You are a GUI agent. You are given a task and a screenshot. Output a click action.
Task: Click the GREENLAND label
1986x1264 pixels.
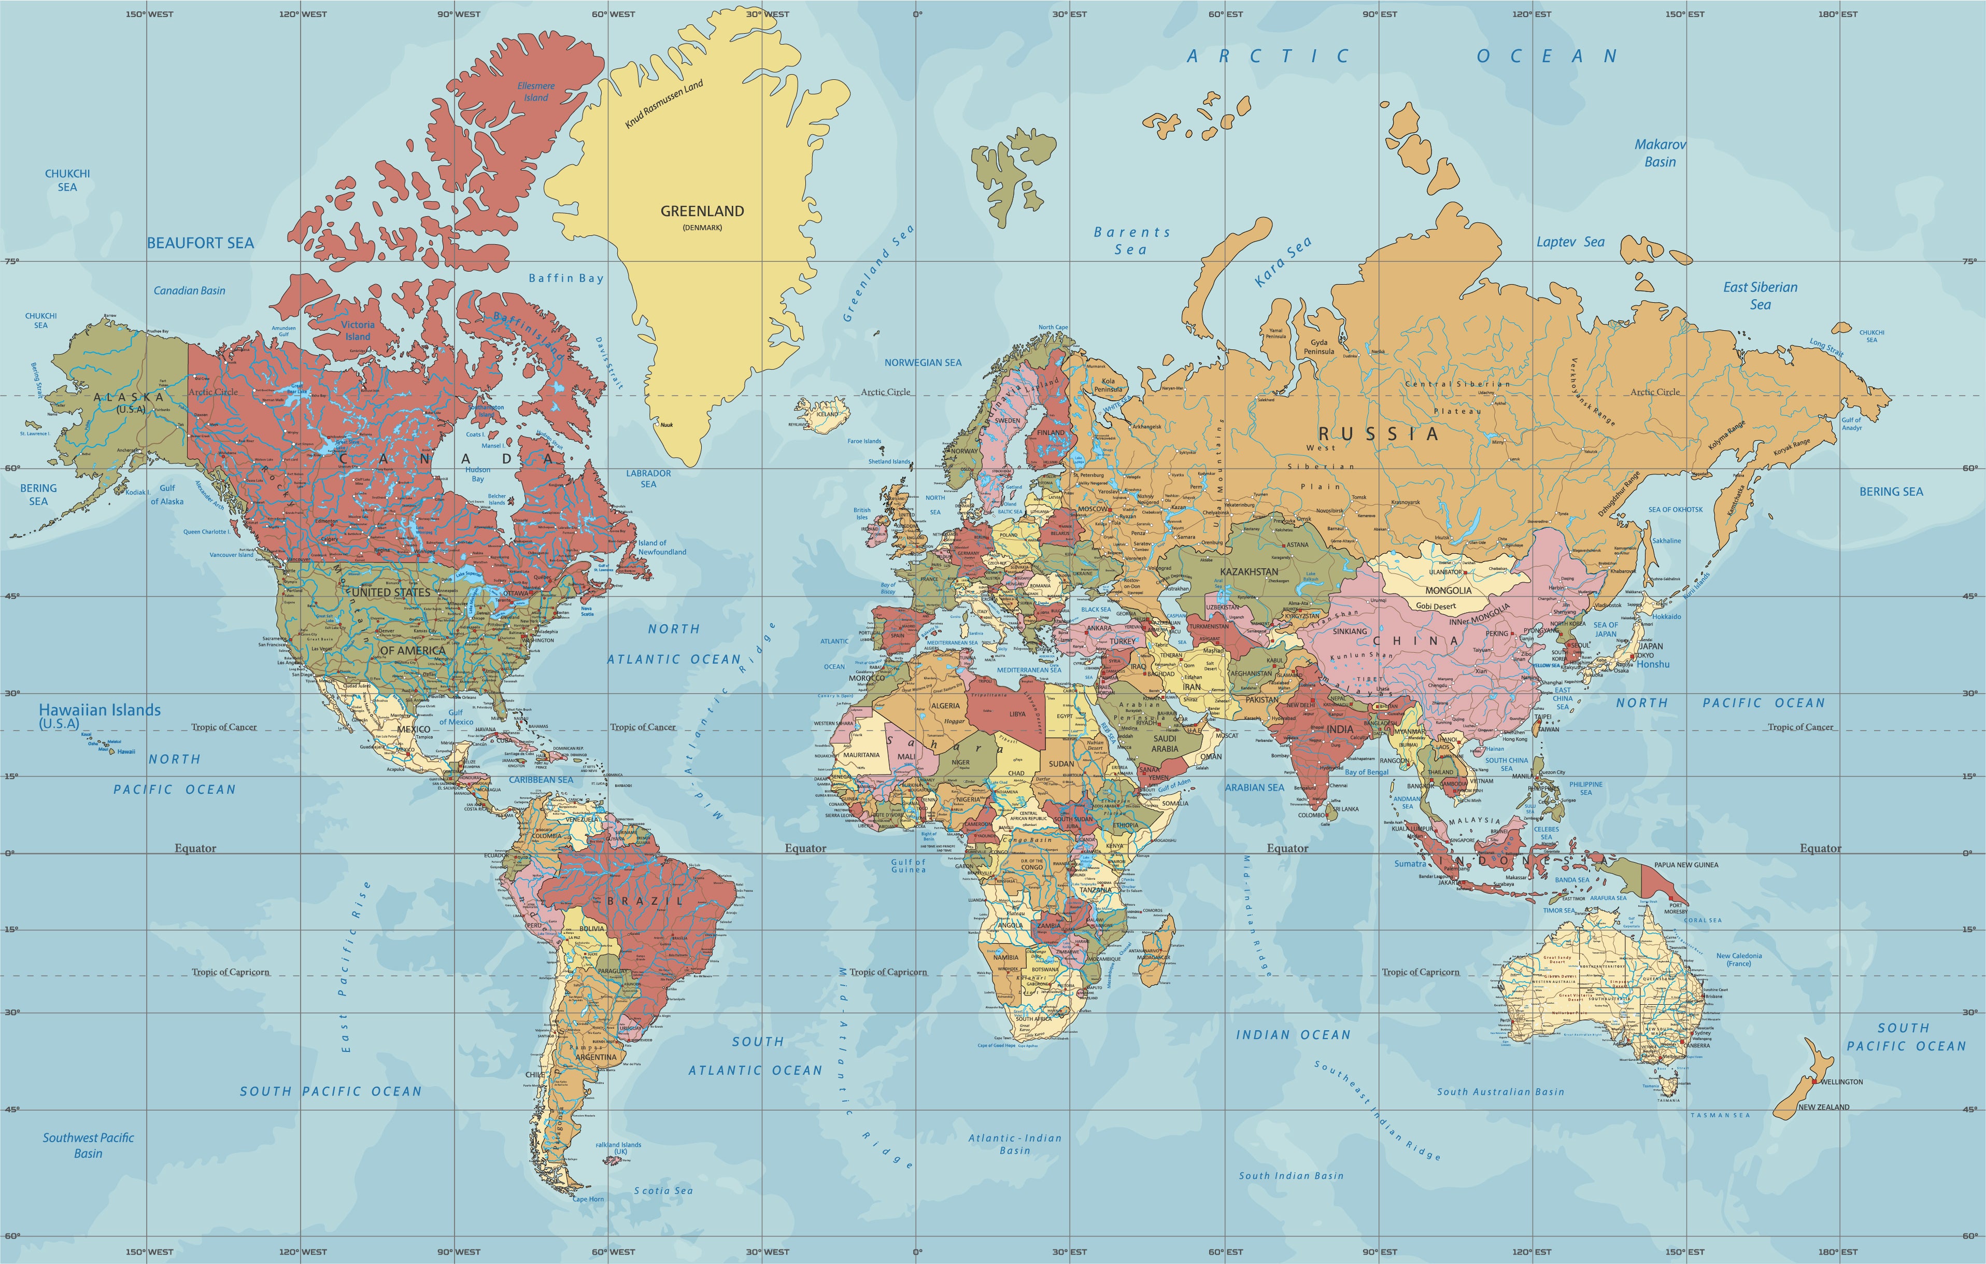(x=702, y=211)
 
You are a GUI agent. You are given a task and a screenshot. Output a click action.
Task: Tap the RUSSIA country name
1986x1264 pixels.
(x=1378, y=434)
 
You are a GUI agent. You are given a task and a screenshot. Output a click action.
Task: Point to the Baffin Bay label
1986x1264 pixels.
(x=566, y=278)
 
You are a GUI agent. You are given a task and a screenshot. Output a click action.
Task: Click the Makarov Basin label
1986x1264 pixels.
(x=1660, y=152)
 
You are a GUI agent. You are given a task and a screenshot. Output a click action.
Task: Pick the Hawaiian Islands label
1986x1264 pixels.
(x=100, y=710)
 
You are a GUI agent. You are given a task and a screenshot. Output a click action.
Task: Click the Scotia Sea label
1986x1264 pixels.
(x=663, y=1190)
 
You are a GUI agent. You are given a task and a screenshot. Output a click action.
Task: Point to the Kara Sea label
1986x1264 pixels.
(x=1283, y=262)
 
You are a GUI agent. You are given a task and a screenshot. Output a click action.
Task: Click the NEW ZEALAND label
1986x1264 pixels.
(x=1824, y=1107)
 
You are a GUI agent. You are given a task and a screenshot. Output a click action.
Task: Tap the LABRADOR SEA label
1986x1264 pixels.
(x=648, y=479)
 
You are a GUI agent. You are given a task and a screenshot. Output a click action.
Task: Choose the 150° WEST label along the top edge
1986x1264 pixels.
(x=149, y=14)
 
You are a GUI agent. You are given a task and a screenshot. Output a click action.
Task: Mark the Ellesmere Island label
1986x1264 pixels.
(x=536, y=92)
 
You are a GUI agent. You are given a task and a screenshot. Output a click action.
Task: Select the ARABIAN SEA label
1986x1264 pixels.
(x=1254, y=787)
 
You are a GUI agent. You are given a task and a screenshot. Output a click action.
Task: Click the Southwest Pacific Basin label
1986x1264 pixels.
(x=88, y=1145)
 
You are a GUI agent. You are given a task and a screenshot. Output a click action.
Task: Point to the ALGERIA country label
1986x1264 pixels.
(x=945, y=706)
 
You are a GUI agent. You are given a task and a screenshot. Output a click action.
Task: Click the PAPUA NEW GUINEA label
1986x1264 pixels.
(x=1686, y=865)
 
